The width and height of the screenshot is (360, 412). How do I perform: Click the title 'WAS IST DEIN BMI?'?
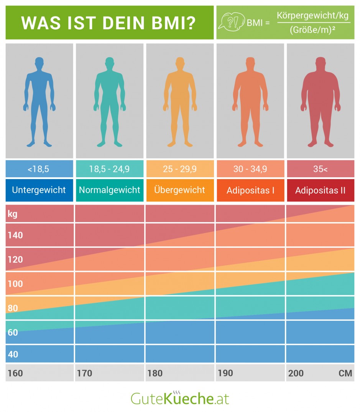coord(109,23)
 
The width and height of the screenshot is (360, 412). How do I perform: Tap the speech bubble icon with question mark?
coord(231,23)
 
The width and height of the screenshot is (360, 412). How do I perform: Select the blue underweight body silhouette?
coord(39,102)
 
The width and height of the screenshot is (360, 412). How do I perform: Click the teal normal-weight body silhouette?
coord(110,102)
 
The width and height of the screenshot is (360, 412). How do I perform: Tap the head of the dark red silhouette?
coord(320,63)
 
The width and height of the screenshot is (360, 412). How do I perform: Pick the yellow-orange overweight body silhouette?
coord(180,102)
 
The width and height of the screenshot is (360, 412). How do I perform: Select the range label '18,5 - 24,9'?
coord(110,169)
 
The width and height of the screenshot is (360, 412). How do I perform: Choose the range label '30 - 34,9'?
coord(250,169)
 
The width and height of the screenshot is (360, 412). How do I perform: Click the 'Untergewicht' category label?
coord(39,190)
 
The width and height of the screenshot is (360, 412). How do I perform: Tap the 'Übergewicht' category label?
coord(179,190)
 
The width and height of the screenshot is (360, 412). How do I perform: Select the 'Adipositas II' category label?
coord(320,190)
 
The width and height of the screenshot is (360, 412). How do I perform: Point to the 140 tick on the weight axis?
coord(15,235)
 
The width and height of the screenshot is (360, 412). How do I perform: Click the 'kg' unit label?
coord(13,214)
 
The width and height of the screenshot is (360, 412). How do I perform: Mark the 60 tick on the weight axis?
coord(13,332)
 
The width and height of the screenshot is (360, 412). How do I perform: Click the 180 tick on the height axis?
coord(155,373)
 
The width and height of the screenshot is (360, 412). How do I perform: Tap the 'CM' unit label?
coord(345,373)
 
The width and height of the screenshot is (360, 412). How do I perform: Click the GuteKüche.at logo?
coord(180,398)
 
